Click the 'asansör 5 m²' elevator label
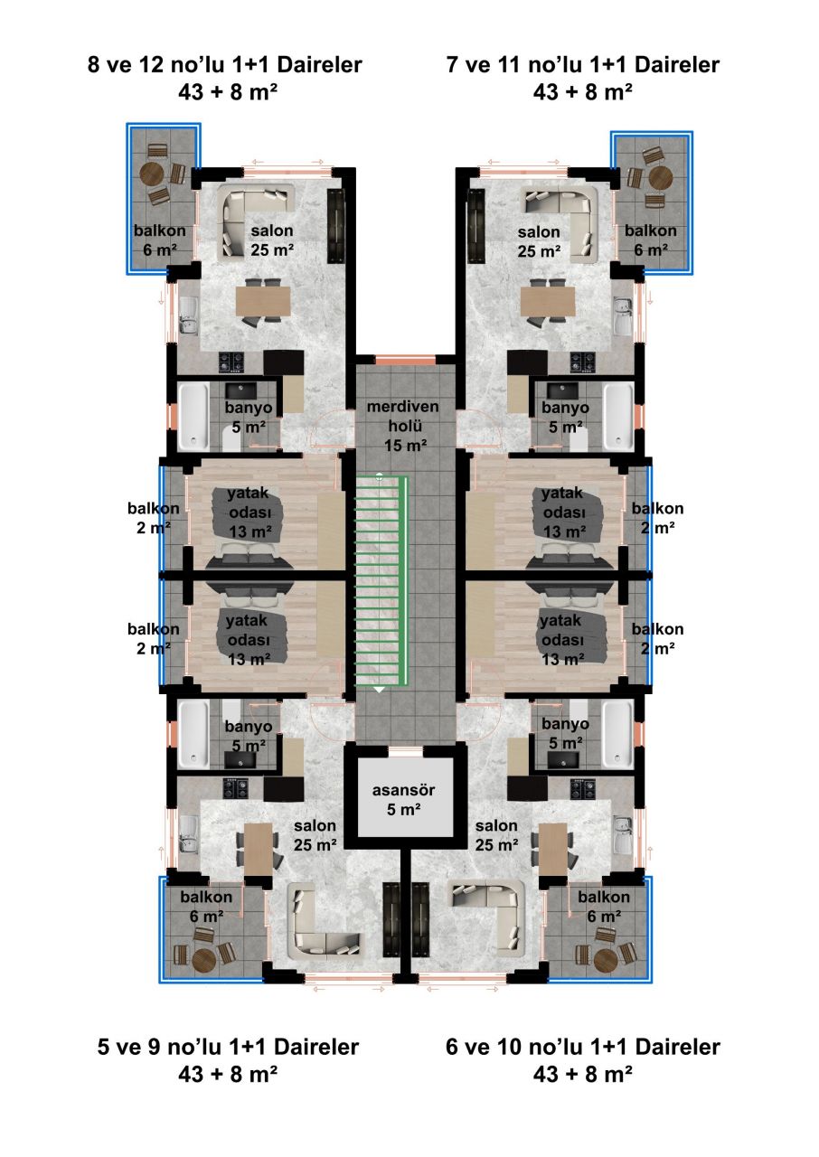coord(403,800)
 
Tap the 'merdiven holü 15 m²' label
coord(403,425)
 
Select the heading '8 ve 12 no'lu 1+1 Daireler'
coord(224,65)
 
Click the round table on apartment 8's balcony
coord(153,174)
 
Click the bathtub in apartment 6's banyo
coord(618,734)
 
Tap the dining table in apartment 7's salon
coord(548,301)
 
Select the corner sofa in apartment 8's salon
coord(256,221)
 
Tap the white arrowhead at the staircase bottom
coord(380,690)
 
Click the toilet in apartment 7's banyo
coord(580,439)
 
